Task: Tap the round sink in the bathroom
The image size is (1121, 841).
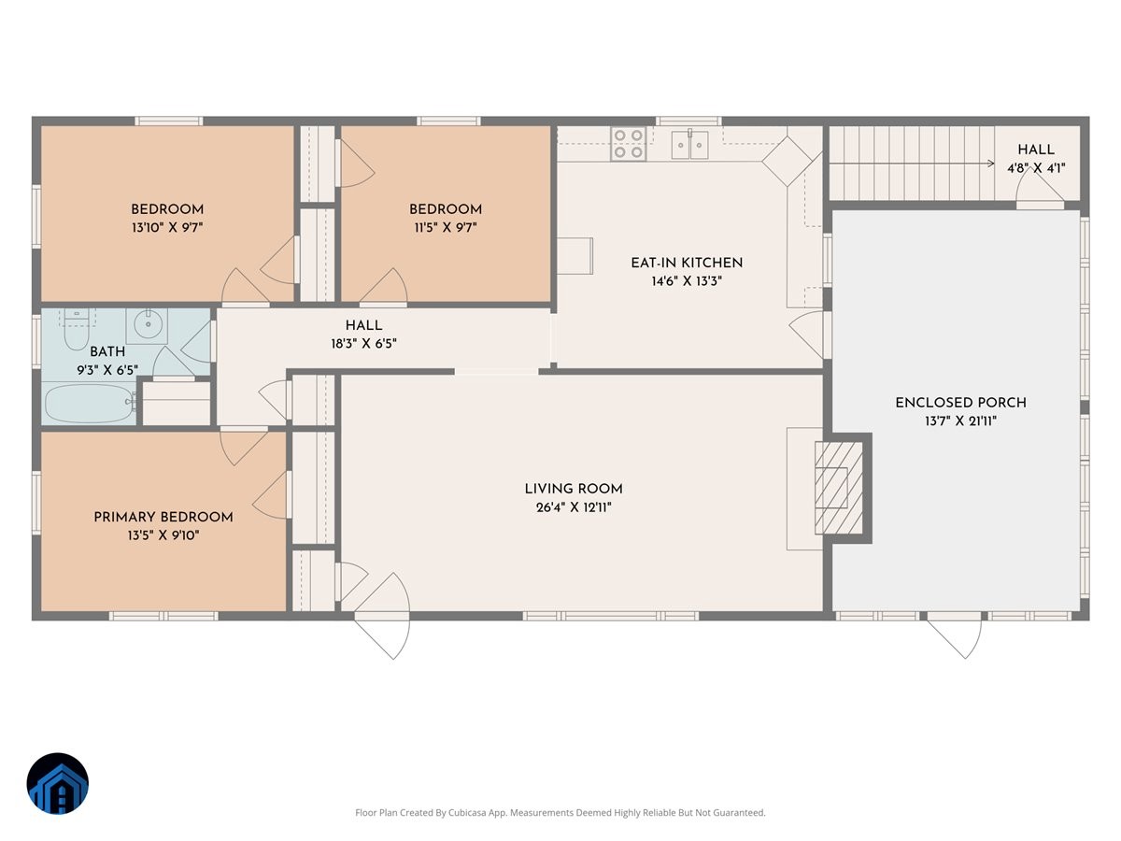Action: pyautogui.click(x=149, y=323)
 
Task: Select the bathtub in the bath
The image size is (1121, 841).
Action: pyautogui.click(x=91, y=403)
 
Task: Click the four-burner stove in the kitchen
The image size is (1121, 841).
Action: pyautogui.click(x=628, y=144)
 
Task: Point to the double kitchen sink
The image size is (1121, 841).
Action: pyautogui.click(x=689, y=145)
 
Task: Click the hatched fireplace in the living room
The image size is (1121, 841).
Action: pyautogui.click(x=839, y=488)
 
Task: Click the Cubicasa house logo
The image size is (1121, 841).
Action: pyautogui.click(x=58, y=783)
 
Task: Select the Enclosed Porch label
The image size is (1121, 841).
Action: pyautogui.click(x=960, y=403)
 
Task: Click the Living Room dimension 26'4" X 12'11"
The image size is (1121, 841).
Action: pyautogui.click(x=574, y=507)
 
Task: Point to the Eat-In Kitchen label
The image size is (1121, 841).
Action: pyautogui.click(x=687, y=263)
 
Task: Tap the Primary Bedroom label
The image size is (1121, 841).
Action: pyautogui.click(x=163, y=518)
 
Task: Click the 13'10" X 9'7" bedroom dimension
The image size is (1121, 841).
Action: pyautogui.click(x=167, y=227)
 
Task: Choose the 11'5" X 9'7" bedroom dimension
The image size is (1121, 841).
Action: pyautogui.click(x=446, y=227)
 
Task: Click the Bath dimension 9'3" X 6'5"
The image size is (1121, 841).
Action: pyautogui.click(x=107, y=370)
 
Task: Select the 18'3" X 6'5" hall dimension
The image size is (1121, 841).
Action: pyautogui.click(x=363, y=344)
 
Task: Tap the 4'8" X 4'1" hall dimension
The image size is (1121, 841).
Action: pyautogui.click(x=1036, y=168)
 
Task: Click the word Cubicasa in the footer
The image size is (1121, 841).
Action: pyautogui.click(x=467, y=812)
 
